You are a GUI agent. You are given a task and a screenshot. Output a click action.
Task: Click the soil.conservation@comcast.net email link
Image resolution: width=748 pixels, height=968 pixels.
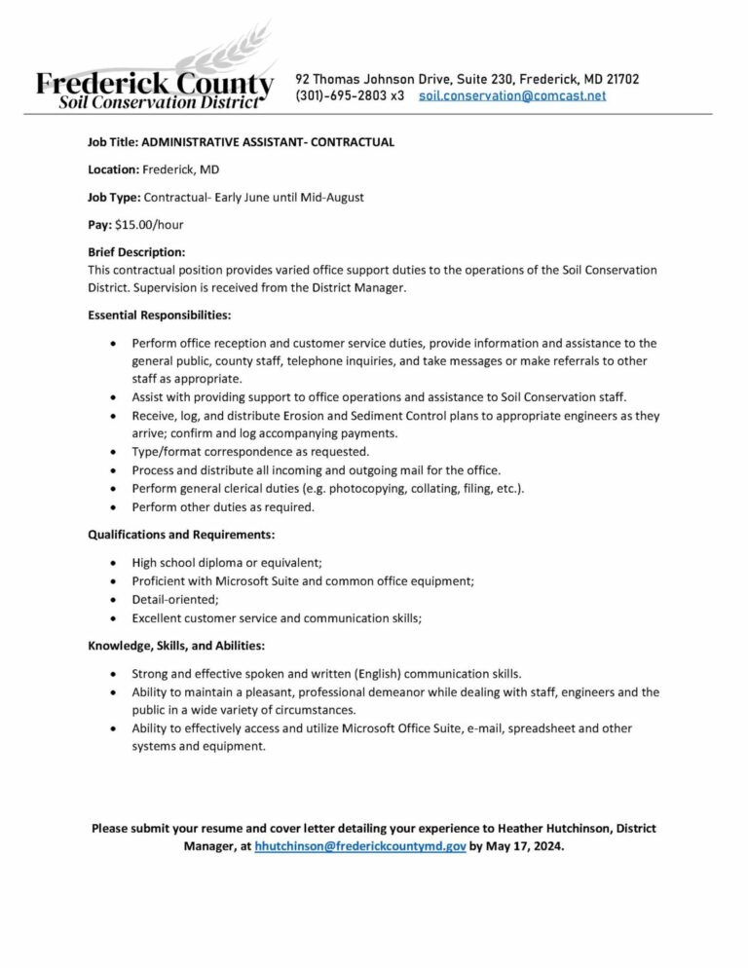click(512, 95)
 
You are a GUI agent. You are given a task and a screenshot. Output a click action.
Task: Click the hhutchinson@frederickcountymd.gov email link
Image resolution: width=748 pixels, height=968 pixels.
click(360, 846)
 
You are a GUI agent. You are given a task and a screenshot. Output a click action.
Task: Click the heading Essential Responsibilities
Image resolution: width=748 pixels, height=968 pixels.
click(160, 316)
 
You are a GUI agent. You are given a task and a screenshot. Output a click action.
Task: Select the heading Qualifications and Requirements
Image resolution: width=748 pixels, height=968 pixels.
click(181, 535)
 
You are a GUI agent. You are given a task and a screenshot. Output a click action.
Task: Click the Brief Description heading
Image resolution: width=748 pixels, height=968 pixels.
click(136, 252)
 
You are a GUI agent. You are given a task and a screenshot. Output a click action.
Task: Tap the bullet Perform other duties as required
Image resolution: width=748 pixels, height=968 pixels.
click(223, 507)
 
